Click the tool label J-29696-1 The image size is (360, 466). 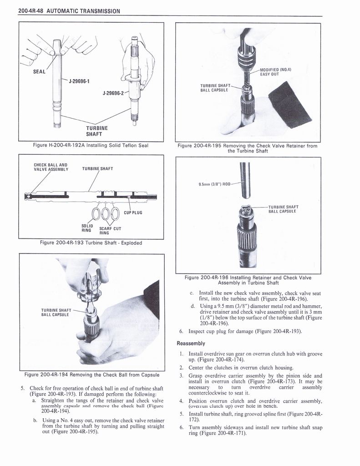point(79,81)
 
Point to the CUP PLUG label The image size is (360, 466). point(133,213)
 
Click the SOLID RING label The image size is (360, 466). point(87,228)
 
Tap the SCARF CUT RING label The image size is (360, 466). point(110,230)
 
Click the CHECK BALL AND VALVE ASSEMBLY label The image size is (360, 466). point(51,167)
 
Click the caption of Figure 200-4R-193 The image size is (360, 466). point(91,243)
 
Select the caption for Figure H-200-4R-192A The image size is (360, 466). point(91,145)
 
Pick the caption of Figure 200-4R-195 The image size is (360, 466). point(248,148)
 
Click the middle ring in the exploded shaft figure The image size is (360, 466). point(105,213)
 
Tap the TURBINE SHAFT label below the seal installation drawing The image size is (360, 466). point(96,131)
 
